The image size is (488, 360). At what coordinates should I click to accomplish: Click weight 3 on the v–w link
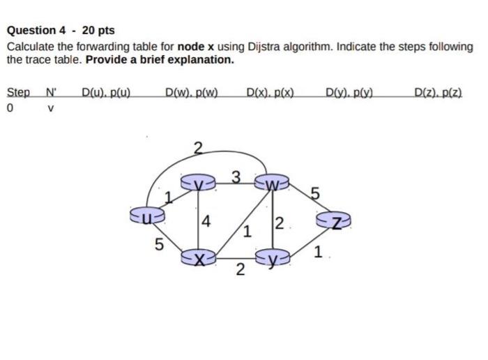click(x=236, y=175)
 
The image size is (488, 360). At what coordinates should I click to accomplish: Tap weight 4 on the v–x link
click(x=206, y=223)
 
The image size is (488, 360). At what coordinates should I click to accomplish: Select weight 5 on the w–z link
click(x=314, y=194)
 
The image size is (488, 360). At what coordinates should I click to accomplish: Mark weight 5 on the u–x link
click(x=159, y=244)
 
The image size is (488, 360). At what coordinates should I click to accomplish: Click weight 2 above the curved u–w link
click(x=198, y=147)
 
